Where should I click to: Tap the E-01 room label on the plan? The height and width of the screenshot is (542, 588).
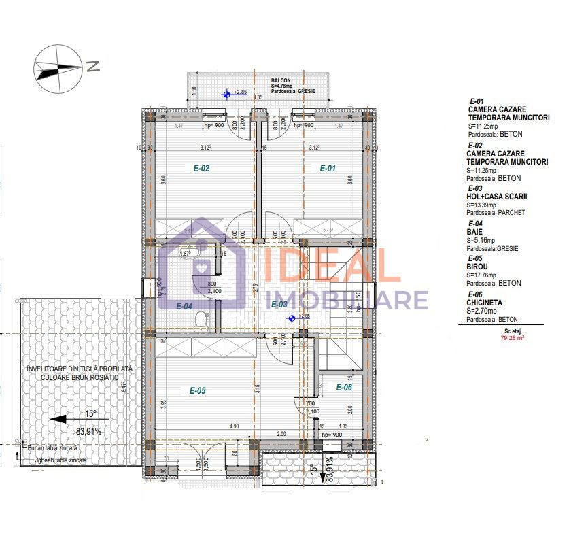[328, 169]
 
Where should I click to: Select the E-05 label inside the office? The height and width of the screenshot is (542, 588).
[197, 390]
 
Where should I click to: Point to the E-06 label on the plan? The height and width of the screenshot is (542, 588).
[344, 387]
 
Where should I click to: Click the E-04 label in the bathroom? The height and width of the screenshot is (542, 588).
[184, 306]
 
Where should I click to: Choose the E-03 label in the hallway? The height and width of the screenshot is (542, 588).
[279, 305]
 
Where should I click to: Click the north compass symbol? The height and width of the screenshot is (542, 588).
[58, 66]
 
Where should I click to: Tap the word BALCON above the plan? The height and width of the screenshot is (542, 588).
[281, 80]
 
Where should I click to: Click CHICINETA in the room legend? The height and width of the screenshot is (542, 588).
[487, 302]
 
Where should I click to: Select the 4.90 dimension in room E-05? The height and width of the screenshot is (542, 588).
[233, 426]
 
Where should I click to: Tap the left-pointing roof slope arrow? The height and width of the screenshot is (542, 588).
[69, 419]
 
